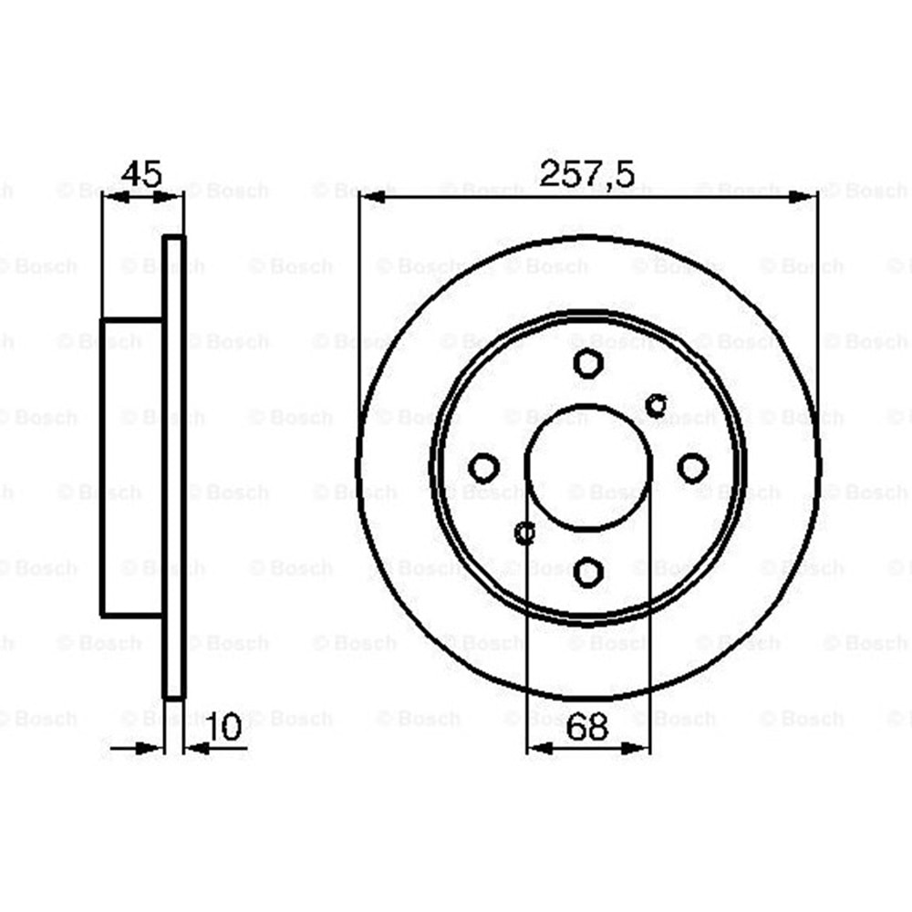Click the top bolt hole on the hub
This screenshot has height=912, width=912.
588,362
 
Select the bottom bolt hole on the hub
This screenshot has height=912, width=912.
588,572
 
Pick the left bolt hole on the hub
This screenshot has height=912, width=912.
483,468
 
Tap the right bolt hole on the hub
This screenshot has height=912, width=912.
693,468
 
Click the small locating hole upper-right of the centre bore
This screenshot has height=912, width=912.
655,403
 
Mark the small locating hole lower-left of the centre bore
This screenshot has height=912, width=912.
524,533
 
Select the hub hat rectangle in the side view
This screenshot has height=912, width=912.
131,467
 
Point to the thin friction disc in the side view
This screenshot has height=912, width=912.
173,467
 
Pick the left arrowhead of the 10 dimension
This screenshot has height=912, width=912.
150,750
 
